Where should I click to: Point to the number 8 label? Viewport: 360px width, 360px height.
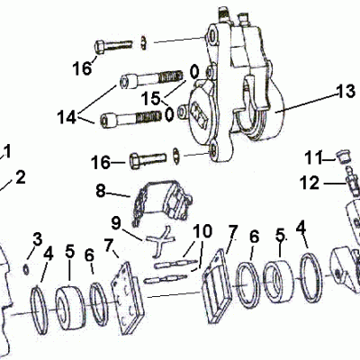click(x=101, y=191)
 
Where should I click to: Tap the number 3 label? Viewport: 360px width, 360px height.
click(x=38, y=238)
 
